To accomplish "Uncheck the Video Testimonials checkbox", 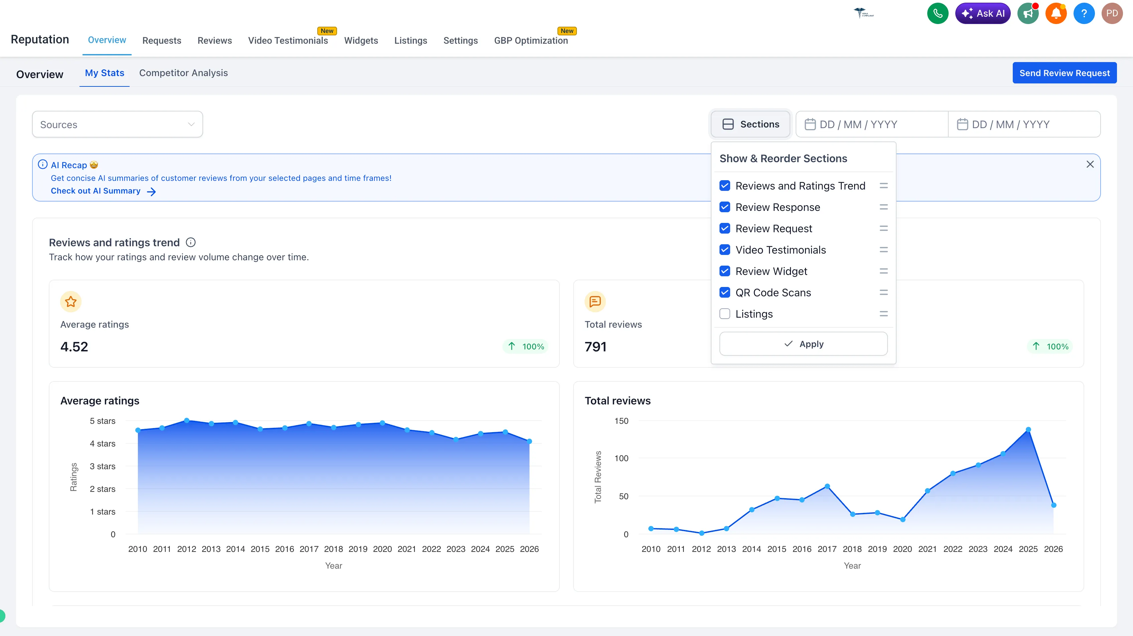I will coord(724,250).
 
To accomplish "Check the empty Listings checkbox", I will coord(724,314).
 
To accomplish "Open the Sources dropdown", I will coord(117,124).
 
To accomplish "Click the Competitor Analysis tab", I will coord(183,73).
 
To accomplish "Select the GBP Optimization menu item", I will coord(530,40).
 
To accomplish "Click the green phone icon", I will coord(937,14).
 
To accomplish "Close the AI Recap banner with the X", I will coord(1090,165).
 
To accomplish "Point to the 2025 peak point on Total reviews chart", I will coord(1028,429).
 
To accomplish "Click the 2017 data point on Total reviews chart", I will coord(827,486).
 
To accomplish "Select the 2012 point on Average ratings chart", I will coord(186,421).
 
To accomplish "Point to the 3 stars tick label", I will coord(103,466).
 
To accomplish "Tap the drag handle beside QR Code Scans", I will coord(883,292).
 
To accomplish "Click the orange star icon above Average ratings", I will coord(71,302).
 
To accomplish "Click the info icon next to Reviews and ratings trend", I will coord(190,243).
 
